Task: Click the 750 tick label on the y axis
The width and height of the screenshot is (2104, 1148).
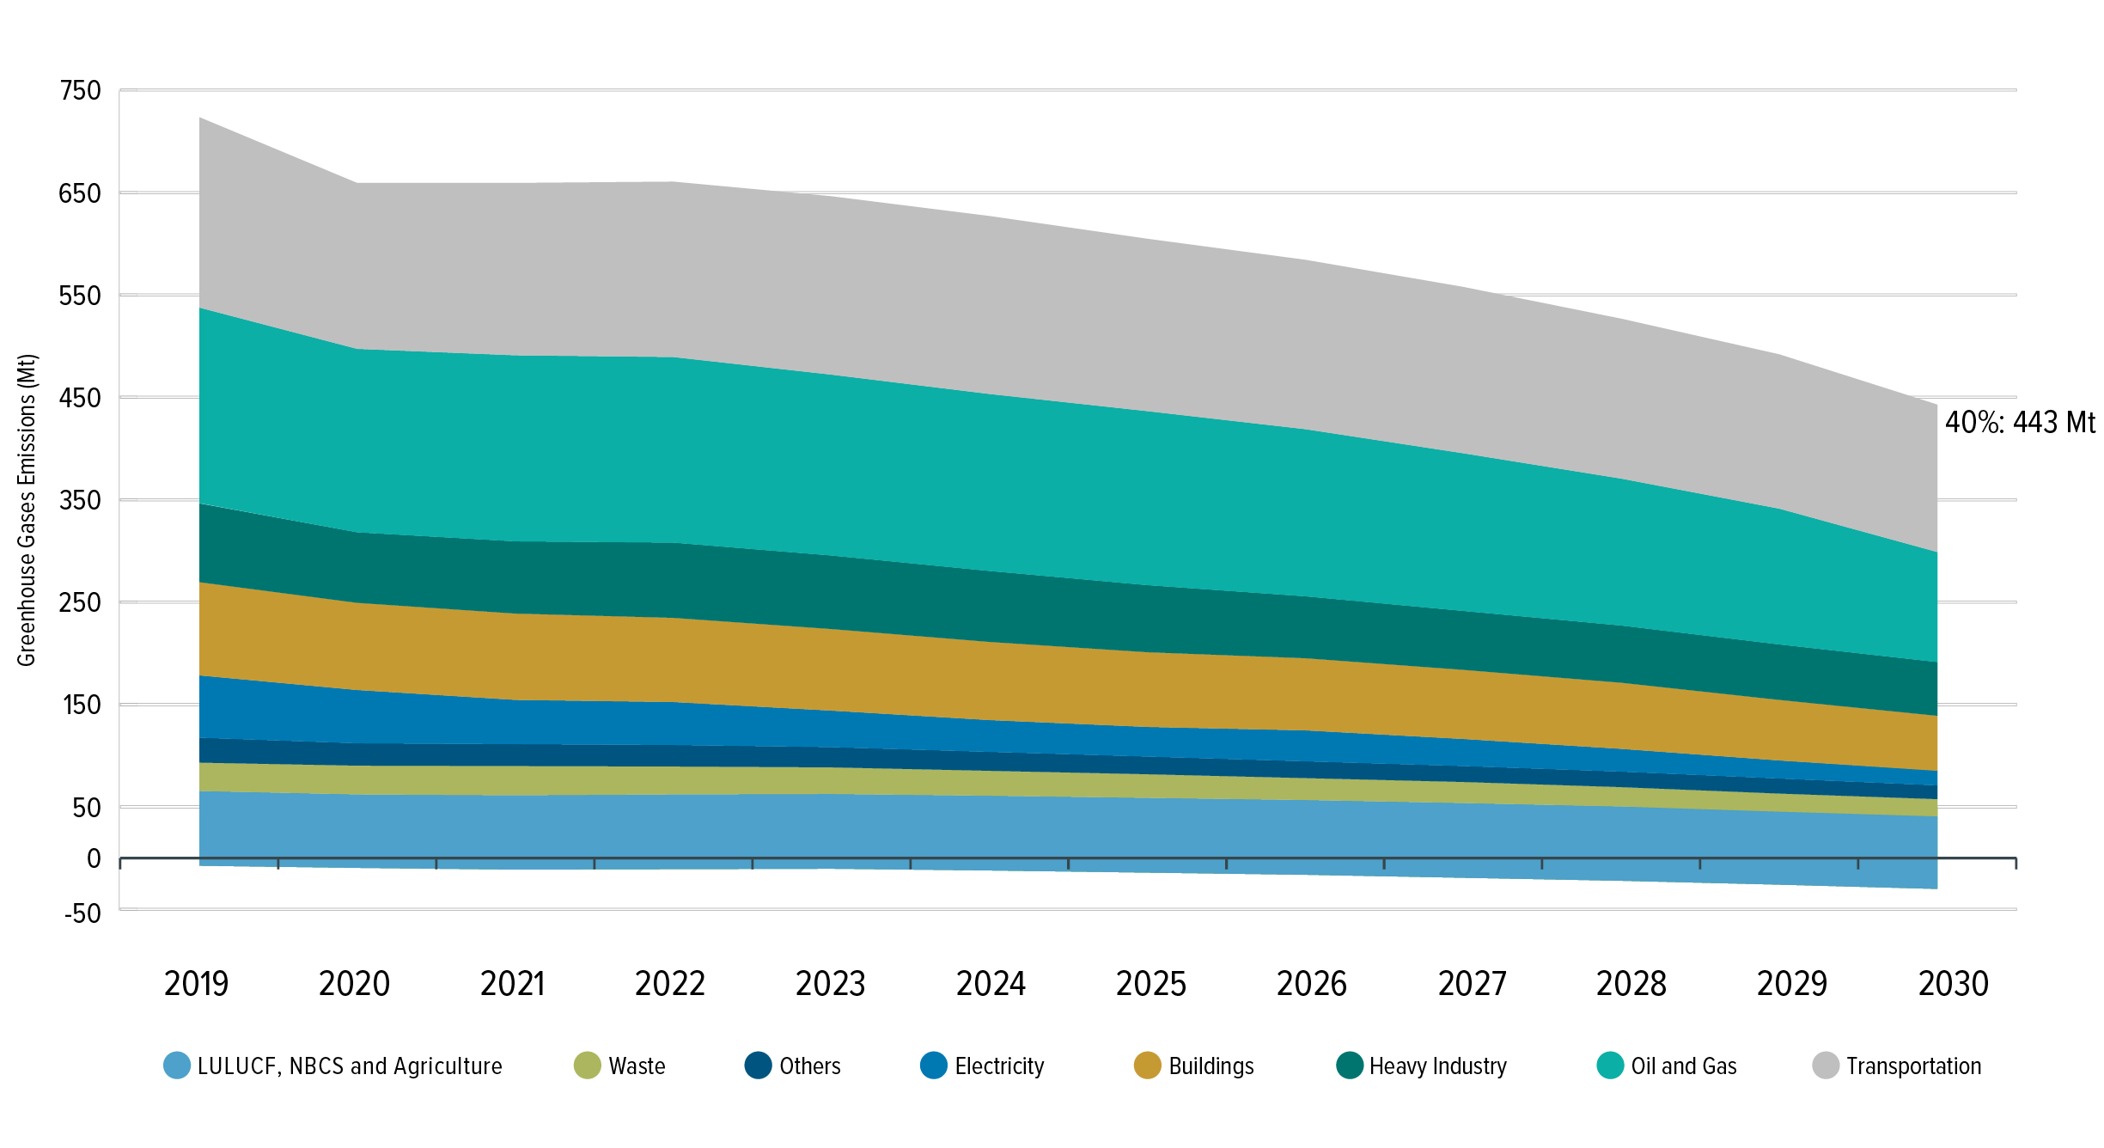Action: pyautogui.click(x=80, y=90)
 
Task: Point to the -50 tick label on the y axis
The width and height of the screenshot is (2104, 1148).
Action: pyautogui.click(x=82, y=913)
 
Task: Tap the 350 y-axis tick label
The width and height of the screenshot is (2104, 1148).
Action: pyautogui.click(x=80, y=500)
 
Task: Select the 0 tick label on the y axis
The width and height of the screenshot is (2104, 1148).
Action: pyautogui.click(x=94, y=858)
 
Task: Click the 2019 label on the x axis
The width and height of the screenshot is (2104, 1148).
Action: pyautogui.click(x=196, y=984)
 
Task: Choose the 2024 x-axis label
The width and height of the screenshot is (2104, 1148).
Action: pyautogui.click(x=991, y=984)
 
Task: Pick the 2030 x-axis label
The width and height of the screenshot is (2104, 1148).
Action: pyautogui.click(x=1953, y=984)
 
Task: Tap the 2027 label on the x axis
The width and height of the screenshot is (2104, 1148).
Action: pyautogui.click(x=1472, y=984)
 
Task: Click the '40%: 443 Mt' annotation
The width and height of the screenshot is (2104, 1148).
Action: pyautogui.click(x=2020, y=423)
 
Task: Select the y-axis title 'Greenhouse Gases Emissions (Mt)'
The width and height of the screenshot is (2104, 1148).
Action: pyautogui.click(x=27, y=510)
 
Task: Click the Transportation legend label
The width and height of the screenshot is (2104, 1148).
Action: pyautogui.click(x=1913, y=1066)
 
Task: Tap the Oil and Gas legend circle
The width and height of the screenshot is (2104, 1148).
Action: pyautogui.click(x=1609, y=1066)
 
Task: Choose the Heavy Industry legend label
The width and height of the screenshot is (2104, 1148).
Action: pyautogui.click(x=1437, y=1066)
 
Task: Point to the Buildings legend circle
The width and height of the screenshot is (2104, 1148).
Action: pyautogui.click(x=1147, y=1066)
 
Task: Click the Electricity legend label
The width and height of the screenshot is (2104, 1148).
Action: pyautogui.click(x=999, y=1066)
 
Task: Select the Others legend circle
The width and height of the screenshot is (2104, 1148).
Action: pyautogui.click(x=758, y=1066)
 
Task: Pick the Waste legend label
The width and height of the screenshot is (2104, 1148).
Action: pyautogui.click(x=637, y=1066)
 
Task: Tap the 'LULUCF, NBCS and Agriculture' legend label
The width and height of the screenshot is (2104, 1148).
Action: pyautogui.click(x=350, y=1066)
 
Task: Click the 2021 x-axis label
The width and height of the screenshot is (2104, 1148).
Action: pyautogui.click(x=512, y=984)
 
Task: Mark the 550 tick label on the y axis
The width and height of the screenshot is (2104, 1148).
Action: pyautogui.click(x=80, y=296)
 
